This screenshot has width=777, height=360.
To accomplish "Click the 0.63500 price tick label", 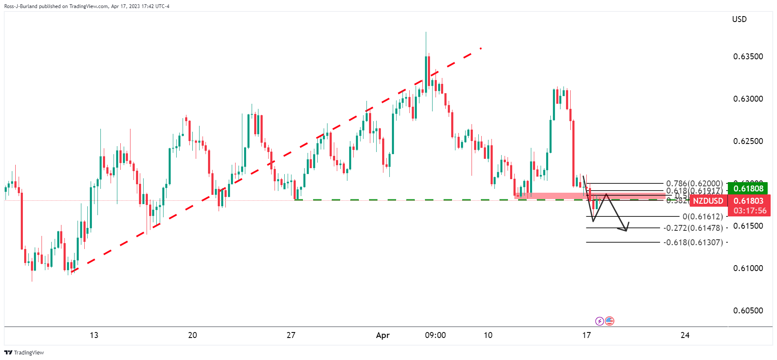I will click(x=748, y=57).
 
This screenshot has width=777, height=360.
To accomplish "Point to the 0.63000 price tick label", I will click(x=748, y=99).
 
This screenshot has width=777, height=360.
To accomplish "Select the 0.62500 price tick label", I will click(x=748, y=141).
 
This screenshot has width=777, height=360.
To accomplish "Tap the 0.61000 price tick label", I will click(x=748, y=269).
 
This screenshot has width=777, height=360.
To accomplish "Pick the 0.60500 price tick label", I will click(x=748, y=311).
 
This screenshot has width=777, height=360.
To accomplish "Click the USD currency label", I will click(x=739, y=19).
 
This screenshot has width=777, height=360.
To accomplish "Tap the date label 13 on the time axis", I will click(x=94, y=335).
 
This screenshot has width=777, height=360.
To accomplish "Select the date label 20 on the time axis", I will click(x=192, y=335).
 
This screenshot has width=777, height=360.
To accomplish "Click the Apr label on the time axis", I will click(x=383, y=335).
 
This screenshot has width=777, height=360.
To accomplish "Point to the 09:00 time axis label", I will click(x=435, y=335).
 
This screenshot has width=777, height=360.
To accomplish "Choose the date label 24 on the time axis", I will click(x=685, y=335).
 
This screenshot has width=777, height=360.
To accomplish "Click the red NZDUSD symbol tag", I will click(x=708, y=201).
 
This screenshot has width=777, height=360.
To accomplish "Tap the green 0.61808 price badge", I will click(x=748, y=189).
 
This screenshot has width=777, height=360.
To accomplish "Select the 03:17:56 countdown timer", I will click(x=750, y=211).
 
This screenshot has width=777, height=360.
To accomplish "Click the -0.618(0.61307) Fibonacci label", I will click(x=693, y=243).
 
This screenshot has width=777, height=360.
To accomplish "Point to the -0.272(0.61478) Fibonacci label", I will click(x=693, y=228).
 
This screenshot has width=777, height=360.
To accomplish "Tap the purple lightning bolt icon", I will click(x=599, y=321).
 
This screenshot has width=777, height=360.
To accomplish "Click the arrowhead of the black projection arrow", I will click(x=626, y=230).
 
